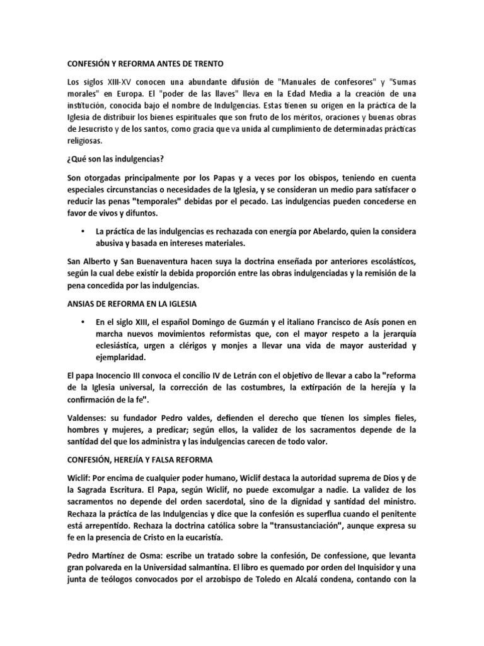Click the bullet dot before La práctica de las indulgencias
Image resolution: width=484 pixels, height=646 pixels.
coord(83,232)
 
